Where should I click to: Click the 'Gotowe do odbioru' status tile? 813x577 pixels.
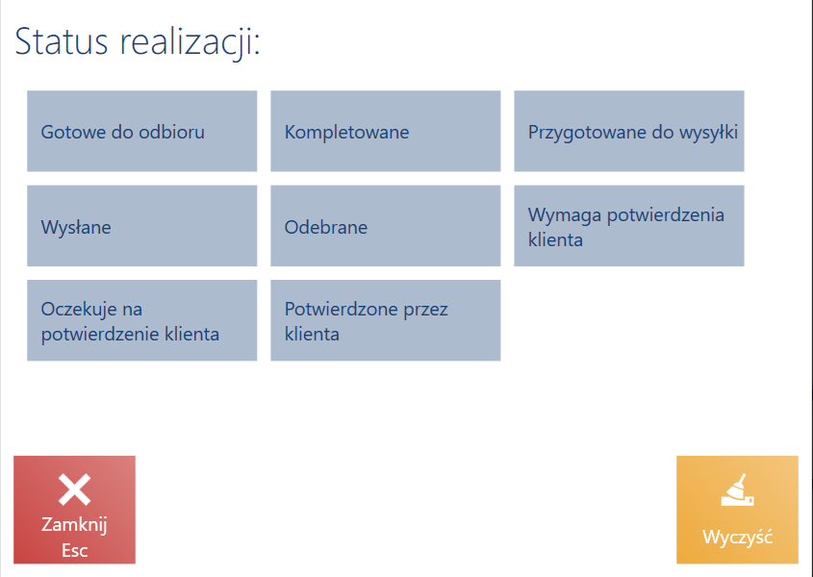[x=142, y=131]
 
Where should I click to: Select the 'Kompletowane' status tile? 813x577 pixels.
[x=386, y=131]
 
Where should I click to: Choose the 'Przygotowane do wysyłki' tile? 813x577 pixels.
[x=629, y=131]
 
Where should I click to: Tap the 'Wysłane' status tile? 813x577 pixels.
[x=142, y=226]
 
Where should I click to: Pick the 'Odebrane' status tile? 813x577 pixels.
[x=386, y=226]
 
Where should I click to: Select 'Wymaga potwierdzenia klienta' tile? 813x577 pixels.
[x=629, y=226]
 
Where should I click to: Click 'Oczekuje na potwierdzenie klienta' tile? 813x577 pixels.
[x=142, y=320]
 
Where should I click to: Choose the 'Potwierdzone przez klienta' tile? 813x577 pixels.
[x=386, y=320]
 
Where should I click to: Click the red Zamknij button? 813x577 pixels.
[x=75, y=510]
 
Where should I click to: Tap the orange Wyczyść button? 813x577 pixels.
[x=737, y=510]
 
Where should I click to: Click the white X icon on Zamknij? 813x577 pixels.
[x=75, y=489]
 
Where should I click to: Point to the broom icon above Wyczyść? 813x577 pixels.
[x=737, y=489]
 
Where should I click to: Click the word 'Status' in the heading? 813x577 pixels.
[x=62, y=41]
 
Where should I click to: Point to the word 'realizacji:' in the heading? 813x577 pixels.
[x=190, y=42]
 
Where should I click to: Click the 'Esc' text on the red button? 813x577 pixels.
[x=75, y=550]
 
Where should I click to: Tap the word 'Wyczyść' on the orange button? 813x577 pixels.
[x=737, y=537]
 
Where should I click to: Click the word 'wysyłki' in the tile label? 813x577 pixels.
[x=707, y=132]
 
